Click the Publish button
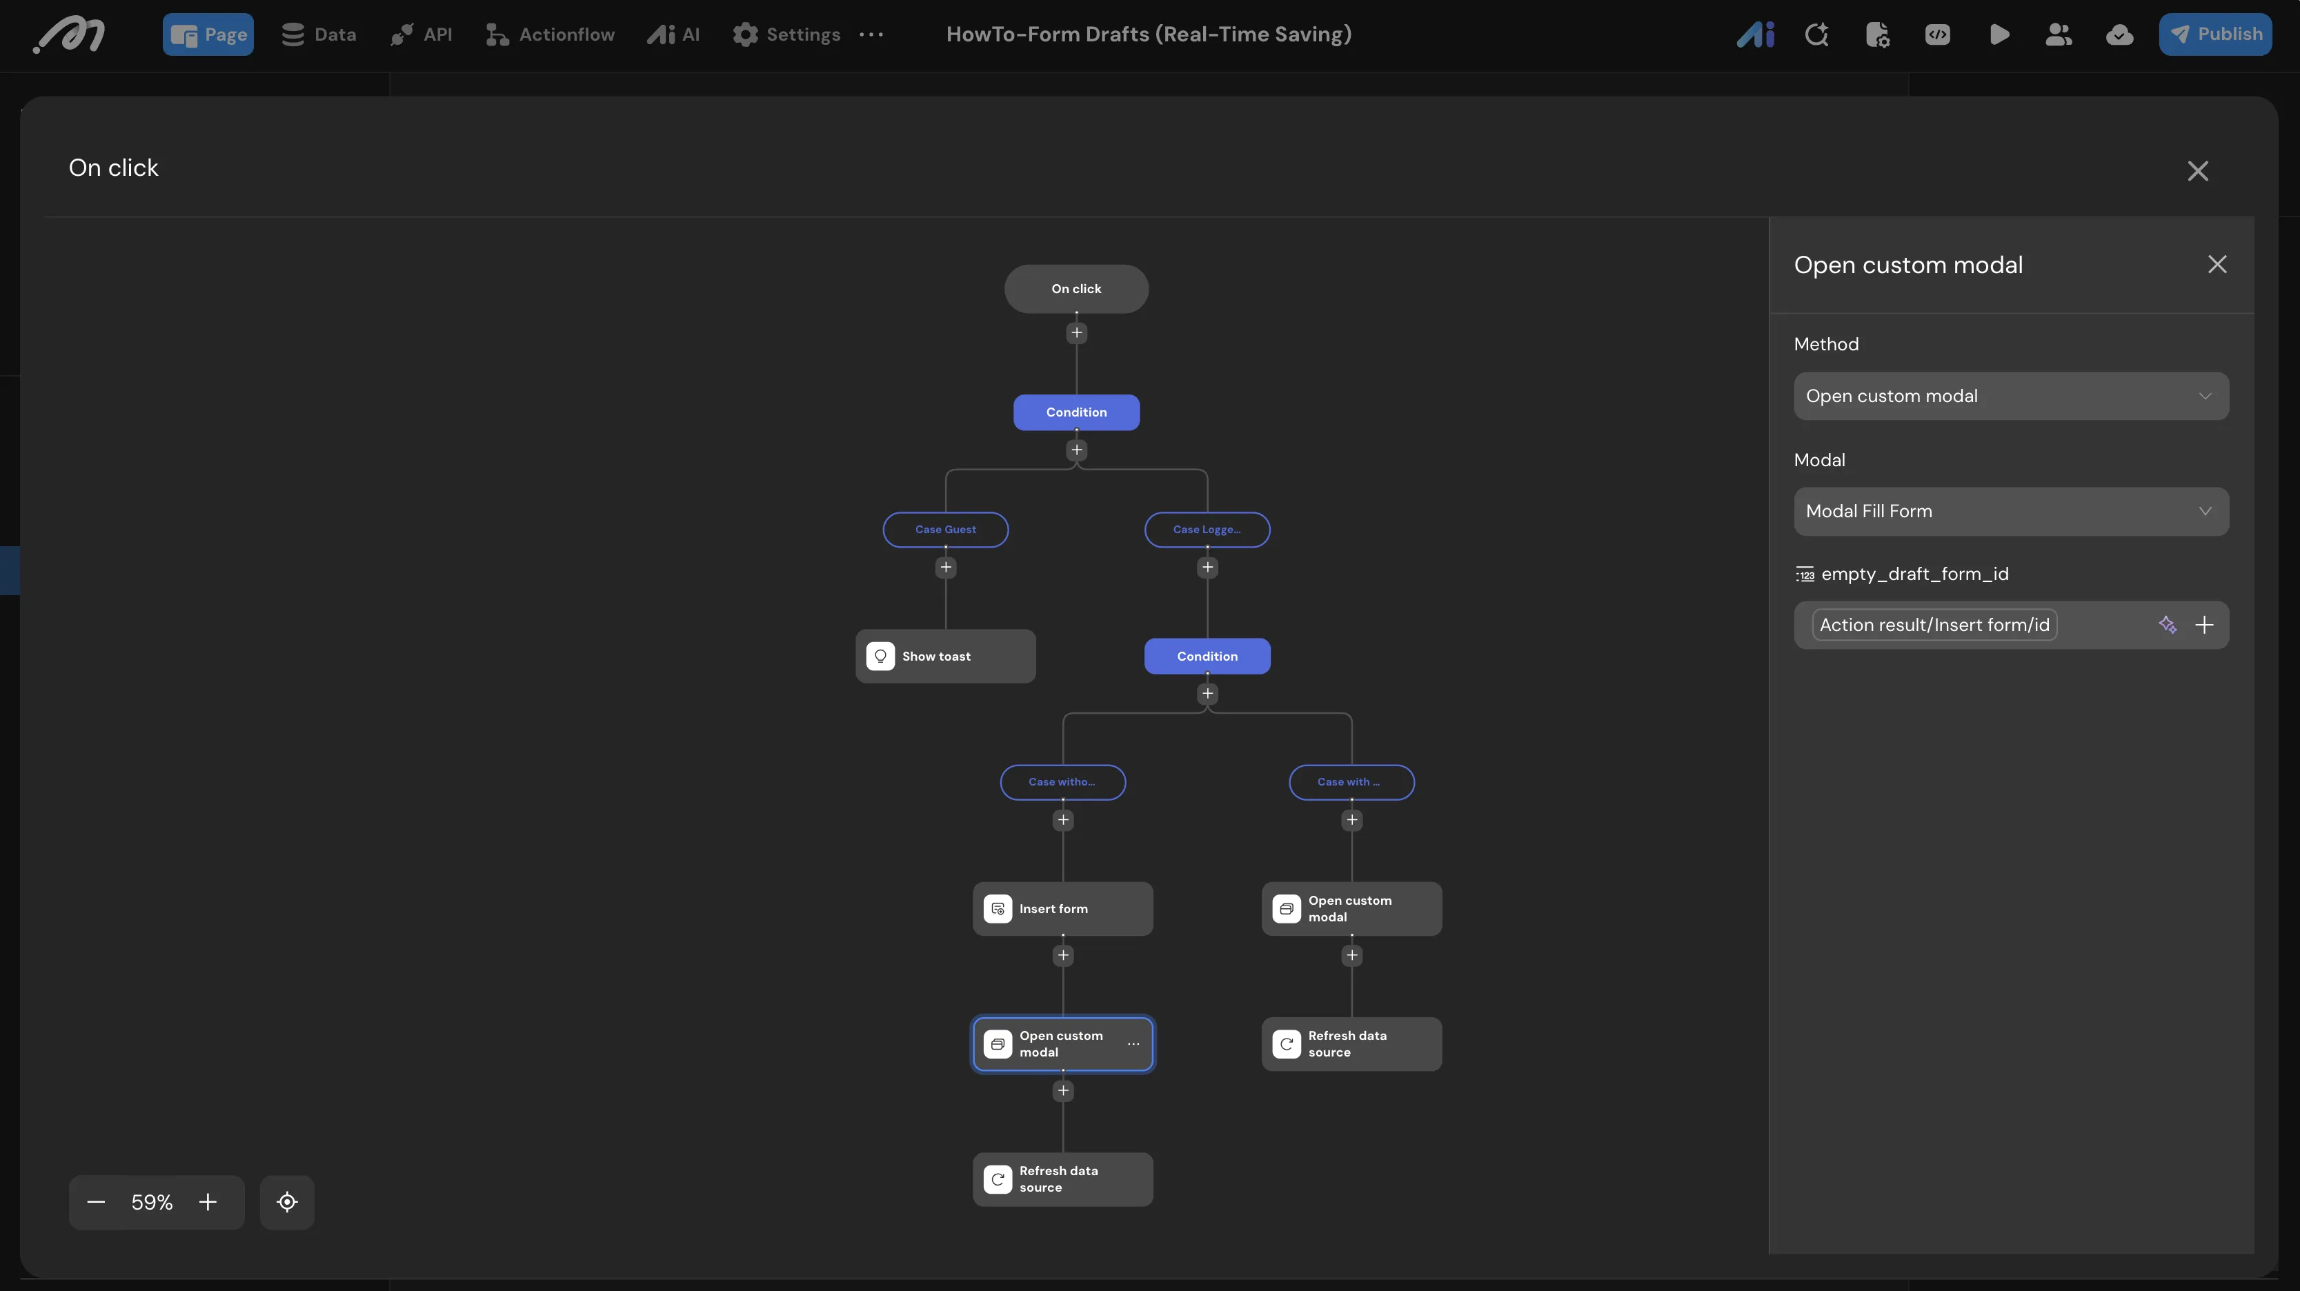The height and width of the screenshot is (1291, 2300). [x=2214, y=34]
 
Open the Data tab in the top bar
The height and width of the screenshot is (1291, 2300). [x=319, y=34]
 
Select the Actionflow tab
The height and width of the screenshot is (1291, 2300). [x=550, y=34]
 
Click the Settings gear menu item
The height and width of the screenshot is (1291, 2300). [x=786, y=34]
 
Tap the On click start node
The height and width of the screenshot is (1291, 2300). [x=1076, y=288]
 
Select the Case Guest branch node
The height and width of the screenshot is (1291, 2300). [x=946, y=530]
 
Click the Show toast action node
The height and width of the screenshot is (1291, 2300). [x=946, y=657]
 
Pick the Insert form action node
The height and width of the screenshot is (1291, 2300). [x=1062, y=909]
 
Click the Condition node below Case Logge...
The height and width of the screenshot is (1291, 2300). [x=1207, y=657]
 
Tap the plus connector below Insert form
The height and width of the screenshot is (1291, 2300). [x=1062, y=955]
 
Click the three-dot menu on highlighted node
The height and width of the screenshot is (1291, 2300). [x=1133, y=1043]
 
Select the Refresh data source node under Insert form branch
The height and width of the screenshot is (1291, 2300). [x=1062, y=1179]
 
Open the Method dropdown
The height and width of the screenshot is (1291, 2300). [x=2011, y=396]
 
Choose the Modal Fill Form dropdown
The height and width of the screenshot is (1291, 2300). [x=2011, y=512]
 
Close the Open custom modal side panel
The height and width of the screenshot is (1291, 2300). [x=2217, y=264]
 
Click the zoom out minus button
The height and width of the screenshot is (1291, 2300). [x=97, y=1203]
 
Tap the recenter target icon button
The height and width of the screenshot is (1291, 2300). [x=286, y=1203]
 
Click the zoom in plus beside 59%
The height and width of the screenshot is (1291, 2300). [x=208, y=1203]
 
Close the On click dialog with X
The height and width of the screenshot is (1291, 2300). [x=2197, y=170]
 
